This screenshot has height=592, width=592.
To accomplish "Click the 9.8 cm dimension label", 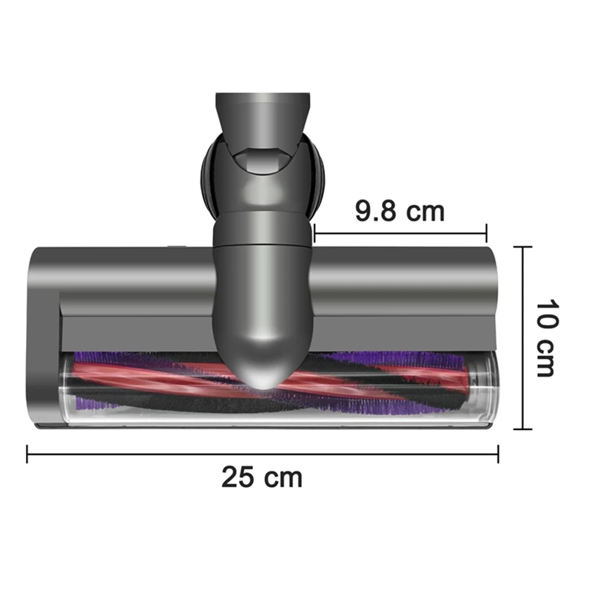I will point(400,211).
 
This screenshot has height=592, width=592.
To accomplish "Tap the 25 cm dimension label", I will point(262,477).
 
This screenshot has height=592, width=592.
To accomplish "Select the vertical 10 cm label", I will point(545,338).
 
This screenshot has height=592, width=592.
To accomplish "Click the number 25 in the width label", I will point(237,477).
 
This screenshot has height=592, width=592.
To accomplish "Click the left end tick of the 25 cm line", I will point(27,454).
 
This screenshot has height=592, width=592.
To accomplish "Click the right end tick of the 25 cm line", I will point(498,454).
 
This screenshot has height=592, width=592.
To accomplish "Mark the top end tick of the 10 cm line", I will point(524,247).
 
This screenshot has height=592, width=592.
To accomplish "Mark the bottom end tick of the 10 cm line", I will point(524,428).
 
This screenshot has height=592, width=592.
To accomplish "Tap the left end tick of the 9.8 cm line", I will point(314,233).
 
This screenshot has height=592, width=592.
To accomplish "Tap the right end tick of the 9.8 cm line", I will point(487,233).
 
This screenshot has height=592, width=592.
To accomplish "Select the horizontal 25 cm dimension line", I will point(148,454).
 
